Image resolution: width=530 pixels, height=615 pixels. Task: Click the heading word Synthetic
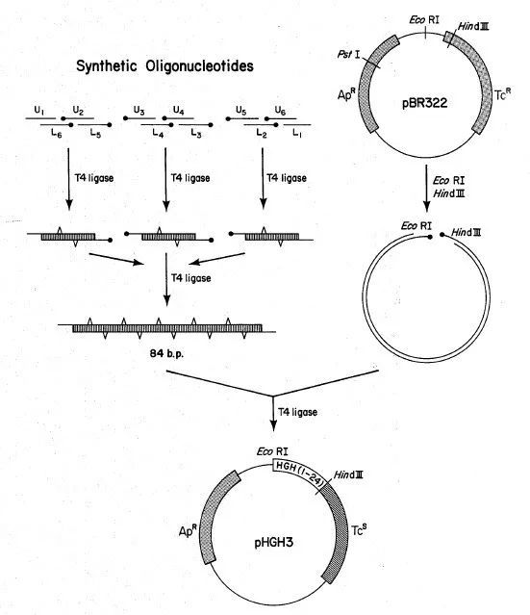coord(106,66)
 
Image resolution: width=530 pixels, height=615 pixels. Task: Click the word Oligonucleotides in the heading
coord(199,65)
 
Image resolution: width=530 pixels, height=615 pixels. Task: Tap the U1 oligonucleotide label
coord(39,111)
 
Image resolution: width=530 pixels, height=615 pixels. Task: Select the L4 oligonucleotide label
coord(158,134)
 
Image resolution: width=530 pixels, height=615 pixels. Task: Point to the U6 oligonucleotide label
coord(280,111)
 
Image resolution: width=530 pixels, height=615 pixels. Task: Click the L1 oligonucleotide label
coord(297,134)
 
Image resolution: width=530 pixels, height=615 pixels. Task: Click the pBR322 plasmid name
coord(424,103)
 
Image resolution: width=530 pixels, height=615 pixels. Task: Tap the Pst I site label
coord(348,55)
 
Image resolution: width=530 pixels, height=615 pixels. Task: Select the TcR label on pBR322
coord(502,94)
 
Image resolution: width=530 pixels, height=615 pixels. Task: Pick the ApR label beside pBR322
coord(346,94)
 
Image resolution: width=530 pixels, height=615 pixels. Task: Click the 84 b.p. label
coord(166,353)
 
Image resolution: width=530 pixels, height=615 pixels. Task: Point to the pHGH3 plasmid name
coord(273,543)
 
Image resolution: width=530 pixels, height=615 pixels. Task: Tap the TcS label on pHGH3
coord(359,530)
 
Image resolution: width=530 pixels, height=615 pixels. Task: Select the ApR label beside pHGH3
coord(188,530)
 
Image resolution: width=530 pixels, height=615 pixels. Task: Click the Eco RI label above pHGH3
coord(272,451)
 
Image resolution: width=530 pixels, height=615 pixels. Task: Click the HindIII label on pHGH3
coord(348,475)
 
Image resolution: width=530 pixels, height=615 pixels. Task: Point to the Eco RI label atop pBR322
coord(424,19)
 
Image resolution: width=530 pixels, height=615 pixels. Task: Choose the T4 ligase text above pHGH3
coord(297,412)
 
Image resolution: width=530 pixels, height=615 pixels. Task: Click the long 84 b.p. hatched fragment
coord(167,328)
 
